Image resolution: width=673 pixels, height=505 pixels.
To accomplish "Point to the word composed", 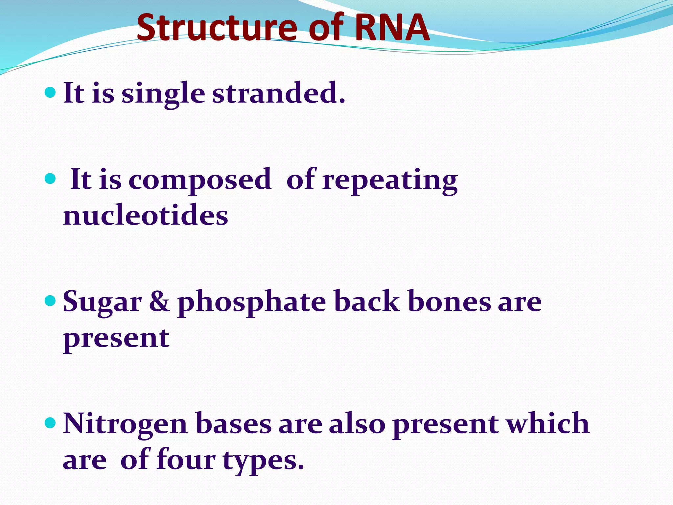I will (200, 180).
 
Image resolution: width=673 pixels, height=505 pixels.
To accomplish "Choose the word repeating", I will (390, 180).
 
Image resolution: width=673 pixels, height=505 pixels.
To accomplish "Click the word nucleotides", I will (145, 216).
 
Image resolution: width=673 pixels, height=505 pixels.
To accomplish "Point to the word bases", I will (233, 424).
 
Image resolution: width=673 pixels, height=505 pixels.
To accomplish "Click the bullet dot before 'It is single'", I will (50, 93).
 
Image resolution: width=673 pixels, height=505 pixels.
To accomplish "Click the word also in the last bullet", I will (357, 424).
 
